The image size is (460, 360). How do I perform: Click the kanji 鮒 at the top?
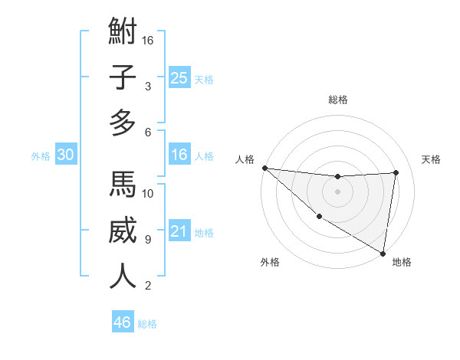coord(123,32)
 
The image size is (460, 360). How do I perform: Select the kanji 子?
coord(123,78)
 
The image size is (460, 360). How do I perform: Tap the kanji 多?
coord(123,123)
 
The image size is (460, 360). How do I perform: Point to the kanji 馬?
coord(123,185)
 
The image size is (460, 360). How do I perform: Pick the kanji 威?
coord(123,231)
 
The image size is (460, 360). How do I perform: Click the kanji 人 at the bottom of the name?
coord(123,276)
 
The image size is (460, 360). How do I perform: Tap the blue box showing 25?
coord(179,77)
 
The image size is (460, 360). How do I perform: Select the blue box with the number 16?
coord(179,155)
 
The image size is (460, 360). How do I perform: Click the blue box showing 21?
coord(179,231)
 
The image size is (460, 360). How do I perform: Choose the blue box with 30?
coord(65,155)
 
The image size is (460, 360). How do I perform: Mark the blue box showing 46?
coord(122,322)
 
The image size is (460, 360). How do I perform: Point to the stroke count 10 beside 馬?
coord(148,193)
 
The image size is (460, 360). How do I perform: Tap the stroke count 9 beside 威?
coord(147,239)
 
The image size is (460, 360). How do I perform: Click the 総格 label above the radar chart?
coord(337,99)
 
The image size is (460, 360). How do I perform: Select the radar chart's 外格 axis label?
coord(270,262)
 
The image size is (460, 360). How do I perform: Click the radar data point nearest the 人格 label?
coord(264,168)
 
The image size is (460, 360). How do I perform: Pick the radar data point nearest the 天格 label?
coord(396,172)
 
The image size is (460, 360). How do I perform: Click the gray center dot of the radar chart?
coord(337,191)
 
